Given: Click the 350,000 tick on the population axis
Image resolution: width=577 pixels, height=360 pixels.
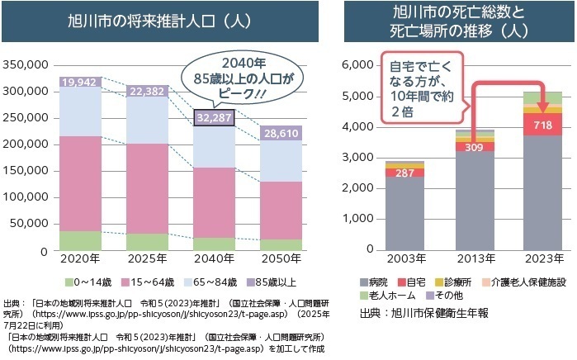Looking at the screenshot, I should [x=27, y=64].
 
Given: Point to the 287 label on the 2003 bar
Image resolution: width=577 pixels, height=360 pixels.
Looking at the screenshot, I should [x=404, y=173].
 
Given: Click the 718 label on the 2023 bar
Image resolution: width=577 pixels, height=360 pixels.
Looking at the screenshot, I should [x=542, y=126].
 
